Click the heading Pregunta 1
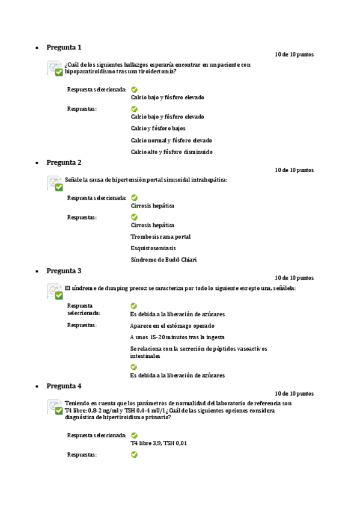[64, 47]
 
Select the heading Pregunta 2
[64, 162]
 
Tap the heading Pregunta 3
[64, 271]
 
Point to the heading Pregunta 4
[64, 386]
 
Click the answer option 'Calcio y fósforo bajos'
[158, 128]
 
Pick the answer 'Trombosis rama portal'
[160, 237]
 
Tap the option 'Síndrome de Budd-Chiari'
[163, 260]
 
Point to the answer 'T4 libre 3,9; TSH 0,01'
[159, 443]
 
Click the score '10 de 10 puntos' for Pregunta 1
[294, 55]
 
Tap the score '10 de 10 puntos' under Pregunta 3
[294, 278]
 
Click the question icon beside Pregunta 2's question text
[55, 183]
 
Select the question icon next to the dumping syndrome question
[55, 292]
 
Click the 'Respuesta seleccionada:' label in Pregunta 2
[96, 197]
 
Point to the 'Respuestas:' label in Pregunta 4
[82, 455]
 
